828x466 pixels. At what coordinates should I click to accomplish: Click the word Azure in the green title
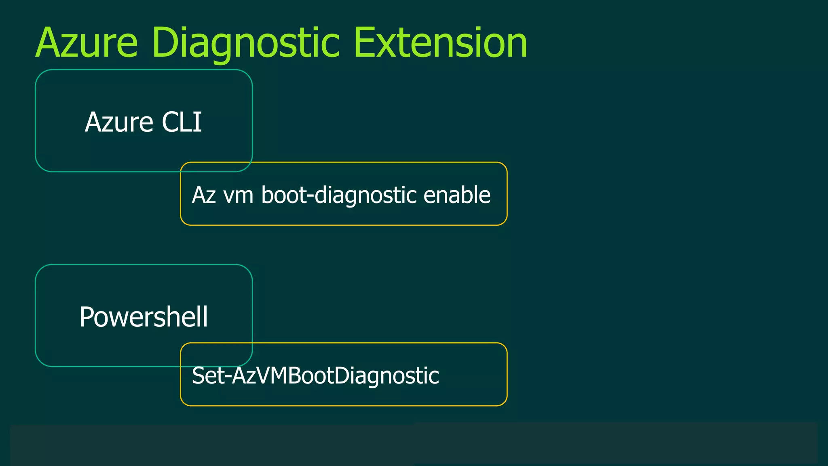87,43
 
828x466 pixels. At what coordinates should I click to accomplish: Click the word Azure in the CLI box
119,122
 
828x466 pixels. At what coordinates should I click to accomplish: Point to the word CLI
182,122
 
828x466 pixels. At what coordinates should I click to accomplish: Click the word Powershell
144,317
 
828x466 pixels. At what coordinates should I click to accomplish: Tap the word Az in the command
203,195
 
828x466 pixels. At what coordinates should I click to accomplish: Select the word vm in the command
238,195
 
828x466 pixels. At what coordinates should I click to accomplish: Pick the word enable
456,195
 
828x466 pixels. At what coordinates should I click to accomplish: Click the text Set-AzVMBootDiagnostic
315,376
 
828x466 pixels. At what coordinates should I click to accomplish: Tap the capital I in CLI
198,122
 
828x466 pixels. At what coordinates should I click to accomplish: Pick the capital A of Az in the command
198,195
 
